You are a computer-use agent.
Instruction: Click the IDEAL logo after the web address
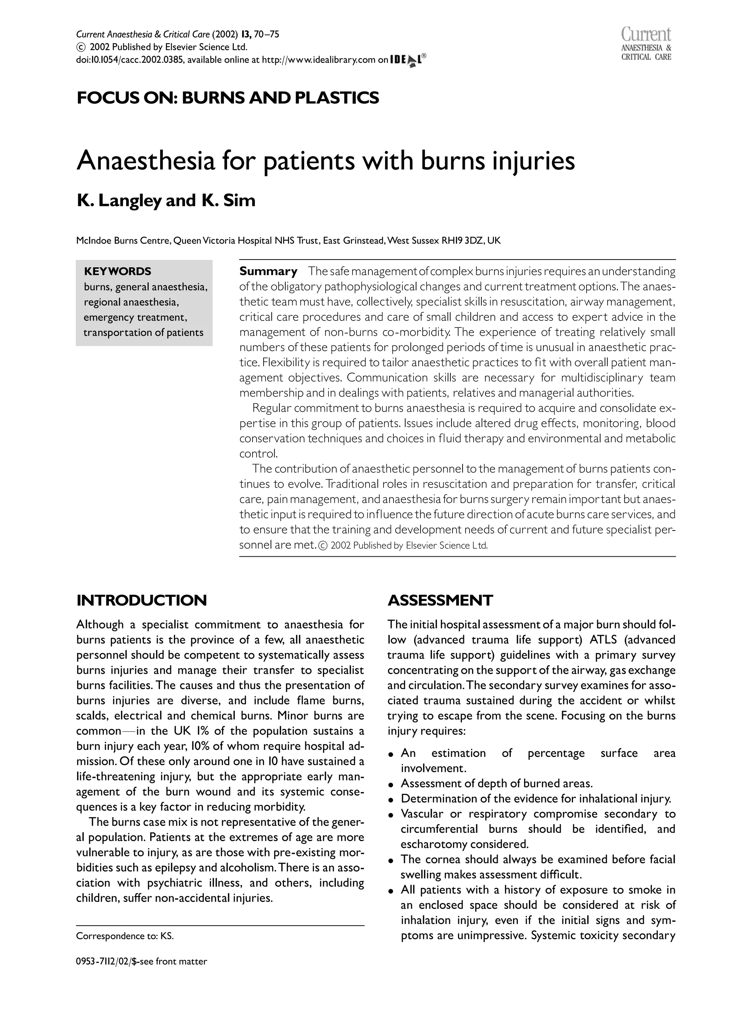pos(408,60)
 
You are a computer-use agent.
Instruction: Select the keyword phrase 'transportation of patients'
pos(143,333)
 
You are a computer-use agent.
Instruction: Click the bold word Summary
pos(268,271)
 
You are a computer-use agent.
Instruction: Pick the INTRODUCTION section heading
pos(141,600)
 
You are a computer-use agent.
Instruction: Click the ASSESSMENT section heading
pos(440,600)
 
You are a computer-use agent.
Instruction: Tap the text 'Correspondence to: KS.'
pos(125,937)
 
